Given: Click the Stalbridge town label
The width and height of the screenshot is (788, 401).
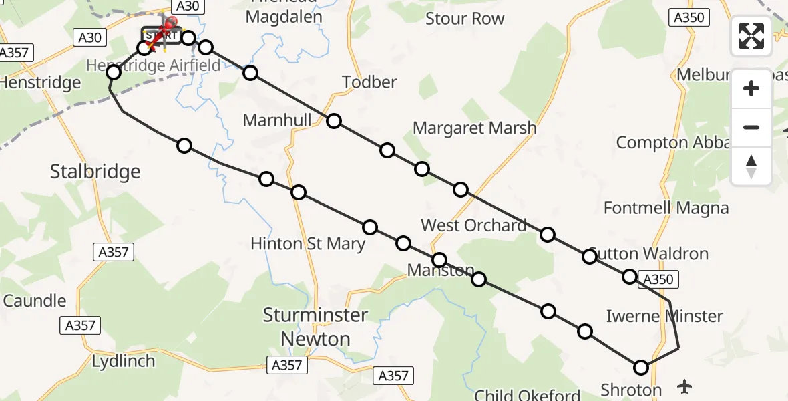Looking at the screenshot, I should point(95,172).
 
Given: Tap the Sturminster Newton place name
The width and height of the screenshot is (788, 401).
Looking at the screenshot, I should point(316,327).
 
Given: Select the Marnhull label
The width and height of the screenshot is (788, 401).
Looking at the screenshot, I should point(277,120).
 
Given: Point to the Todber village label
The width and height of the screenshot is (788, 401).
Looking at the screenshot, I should point(369,82).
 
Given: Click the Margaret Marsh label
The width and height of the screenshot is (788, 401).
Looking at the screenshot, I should point(474,128).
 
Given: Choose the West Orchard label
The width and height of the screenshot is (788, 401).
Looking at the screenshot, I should point(473,225).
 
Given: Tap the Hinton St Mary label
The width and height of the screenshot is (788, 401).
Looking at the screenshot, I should point(308,244).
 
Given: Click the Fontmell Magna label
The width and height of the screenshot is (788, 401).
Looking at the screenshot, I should point(666,208).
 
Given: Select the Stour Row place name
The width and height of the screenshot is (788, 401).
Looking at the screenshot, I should point(465,19).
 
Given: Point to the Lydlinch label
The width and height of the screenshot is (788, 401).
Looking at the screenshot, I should point(125,361).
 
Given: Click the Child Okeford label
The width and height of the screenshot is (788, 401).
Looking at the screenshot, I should point(528,394).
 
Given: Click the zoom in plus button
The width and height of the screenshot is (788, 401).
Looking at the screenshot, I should point(751,88).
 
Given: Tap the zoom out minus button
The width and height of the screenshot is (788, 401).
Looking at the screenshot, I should point(751,127).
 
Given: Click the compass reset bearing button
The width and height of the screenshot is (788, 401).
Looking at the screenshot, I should point(751,166).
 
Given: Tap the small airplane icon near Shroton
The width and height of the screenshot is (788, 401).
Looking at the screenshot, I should point(684,386).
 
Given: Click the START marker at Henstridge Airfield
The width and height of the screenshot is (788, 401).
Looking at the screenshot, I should point(160,35).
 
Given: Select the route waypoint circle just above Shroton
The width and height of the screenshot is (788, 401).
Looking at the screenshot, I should point(641,367).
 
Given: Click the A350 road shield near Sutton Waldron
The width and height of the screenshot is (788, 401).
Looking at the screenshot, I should point(658,279).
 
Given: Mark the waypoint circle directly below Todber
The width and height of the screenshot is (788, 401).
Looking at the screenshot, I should point(334,121).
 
